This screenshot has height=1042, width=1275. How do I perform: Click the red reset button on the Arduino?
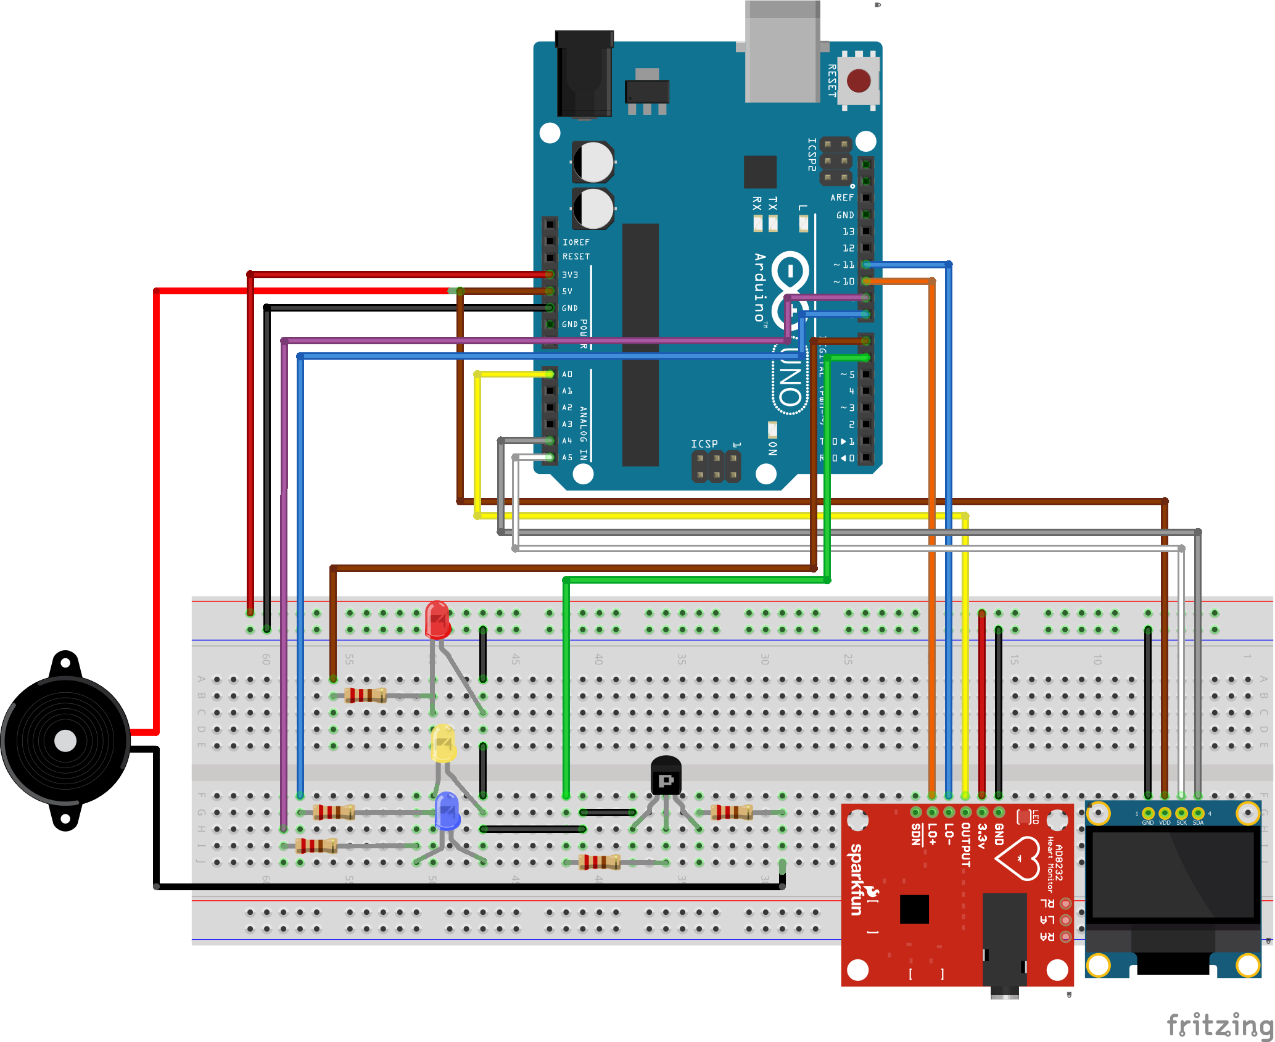coord(859,80)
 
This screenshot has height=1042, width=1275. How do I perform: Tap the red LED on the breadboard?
coord(437,619)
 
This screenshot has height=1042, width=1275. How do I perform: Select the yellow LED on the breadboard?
coord(444,744)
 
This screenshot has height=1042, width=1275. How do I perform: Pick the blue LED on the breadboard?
coord(447,811)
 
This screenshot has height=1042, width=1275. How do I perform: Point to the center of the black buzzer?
coord(65,741)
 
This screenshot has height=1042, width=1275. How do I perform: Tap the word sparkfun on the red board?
coord(857,879)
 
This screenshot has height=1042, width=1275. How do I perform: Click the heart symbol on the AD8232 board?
coord(1018,858)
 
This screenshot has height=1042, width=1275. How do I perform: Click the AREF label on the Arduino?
coord(842,198)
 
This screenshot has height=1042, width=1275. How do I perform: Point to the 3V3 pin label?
coord(570,275)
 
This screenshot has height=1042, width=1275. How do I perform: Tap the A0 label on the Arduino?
coord(567,374)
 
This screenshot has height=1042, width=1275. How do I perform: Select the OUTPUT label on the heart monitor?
coord(966,845)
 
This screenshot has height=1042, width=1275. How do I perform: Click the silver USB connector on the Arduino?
coord(782,52)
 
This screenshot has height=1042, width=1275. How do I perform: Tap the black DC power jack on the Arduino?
coord(584,74)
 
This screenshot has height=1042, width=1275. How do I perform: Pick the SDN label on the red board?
coord(917,834)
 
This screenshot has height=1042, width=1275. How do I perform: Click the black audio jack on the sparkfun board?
coord(1004,944)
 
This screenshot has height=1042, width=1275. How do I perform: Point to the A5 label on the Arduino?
coord(567,458)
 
